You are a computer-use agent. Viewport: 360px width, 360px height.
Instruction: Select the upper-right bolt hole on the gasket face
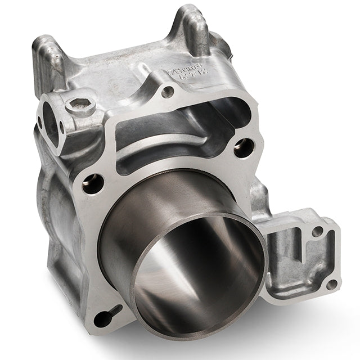pyautogui.click(x=244, y=148)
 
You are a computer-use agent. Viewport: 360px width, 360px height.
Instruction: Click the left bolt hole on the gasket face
pyautogui.click(x=93, y=183)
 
